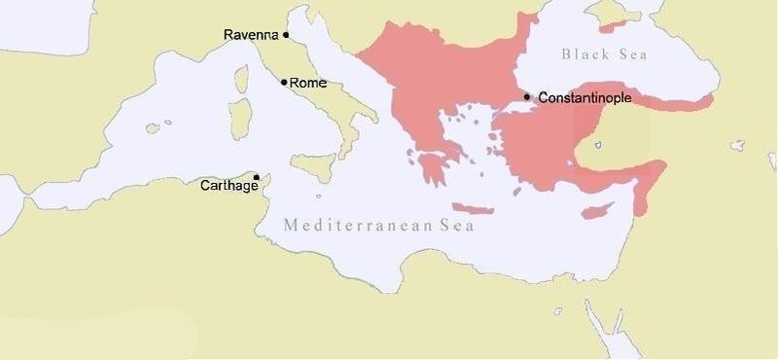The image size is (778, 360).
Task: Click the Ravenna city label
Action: (251, 35)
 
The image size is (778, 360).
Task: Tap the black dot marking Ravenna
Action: (286, 35)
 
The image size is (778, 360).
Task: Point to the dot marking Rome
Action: (284, 82)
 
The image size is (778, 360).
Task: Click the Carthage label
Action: (230, 185)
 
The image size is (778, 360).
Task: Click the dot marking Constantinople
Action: (526, 96)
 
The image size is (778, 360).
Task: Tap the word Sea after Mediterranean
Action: (456, 226)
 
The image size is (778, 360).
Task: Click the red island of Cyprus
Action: (604, 207)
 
